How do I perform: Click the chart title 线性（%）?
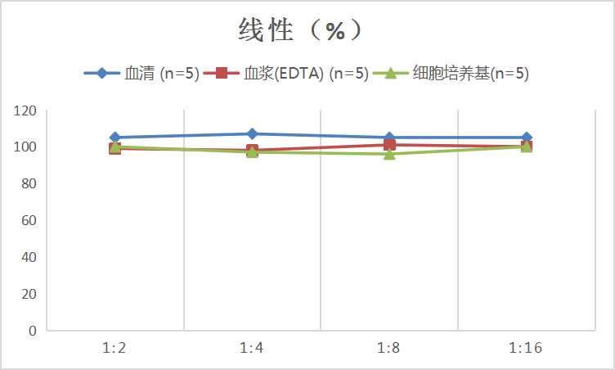(301, 30)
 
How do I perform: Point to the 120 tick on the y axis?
(25, 111)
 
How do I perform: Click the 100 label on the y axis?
(25, 147)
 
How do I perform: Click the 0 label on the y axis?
(32, 331)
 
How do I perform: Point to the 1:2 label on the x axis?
(114, 348)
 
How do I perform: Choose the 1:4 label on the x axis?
(252, 348)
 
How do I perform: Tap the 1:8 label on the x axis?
(388, 348)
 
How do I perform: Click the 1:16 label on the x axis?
(526, 348)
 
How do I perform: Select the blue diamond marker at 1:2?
(115, 138)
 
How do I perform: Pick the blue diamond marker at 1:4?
(252, 133)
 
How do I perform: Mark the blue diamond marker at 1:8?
(389, 138)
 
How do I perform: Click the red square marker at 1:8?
(389, 145)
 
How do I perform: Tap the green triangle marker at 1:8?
(389, 154)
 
